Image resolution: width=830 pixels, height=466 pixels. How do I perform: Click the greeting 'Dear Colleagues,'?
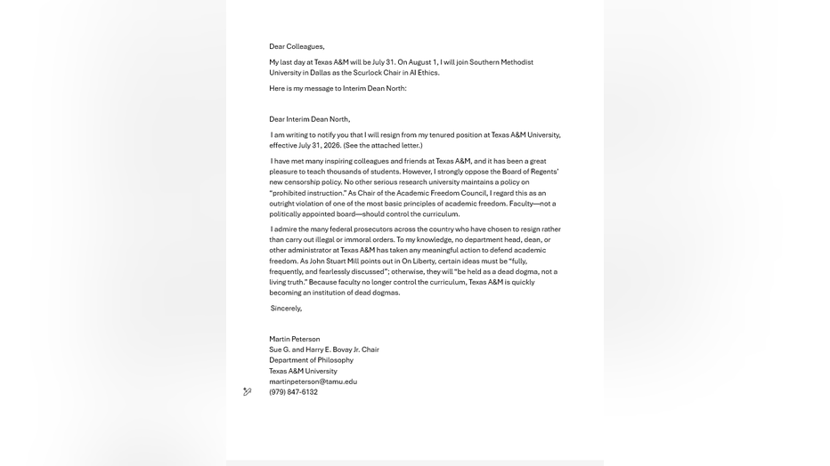[297, 46]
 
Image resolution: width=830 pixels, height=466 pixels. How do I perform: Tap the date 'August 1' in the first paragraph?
[423, 62]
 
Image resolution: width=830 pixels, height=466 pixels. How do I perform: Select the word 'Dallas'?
[320, 73]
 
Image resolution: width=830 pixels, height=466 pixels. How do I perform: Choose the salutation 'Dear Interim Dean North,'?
[309, 119]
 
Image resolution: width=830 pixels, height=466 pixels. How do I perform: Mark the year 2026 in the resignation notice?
[332, 145]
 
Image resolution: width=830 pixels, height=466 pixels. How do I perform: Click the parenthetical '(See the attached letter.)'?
[383, 145]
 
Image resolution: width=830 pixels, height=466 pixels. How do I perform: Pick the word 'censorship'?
[302, 182]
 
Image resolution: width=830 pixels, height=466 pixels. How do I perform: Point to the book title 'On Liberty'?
[419, 261]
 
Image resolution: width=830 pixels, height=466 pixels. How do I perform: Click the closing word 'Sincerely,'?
[286, 309]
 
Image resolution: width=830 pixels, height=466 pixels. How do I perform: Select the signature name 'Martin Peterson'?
[294, 339]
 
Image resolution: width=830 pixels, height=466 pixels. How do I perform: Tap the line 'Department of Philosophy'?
[311, 360]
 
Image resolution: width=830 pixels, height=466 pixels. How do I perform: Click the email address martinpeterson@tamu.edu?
[313, 382]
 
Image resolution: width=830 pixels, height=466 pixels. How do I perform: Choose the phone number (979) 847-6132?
[293, 392]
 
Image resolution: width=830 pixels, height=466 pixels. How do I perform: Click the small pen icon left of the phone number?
[247, 392]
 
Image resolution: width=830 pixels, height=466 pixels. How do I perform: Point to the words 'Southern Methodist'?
[501, 62]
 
